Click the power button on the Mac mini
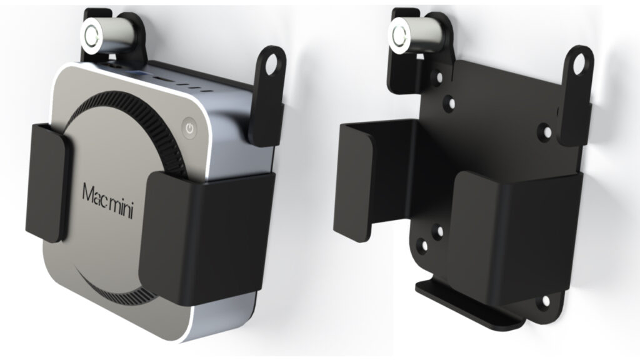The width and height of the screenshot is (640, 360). click(x=189, y=127)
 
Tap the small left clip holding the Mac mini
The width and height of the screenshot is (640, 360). click(x=48, y=184)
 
